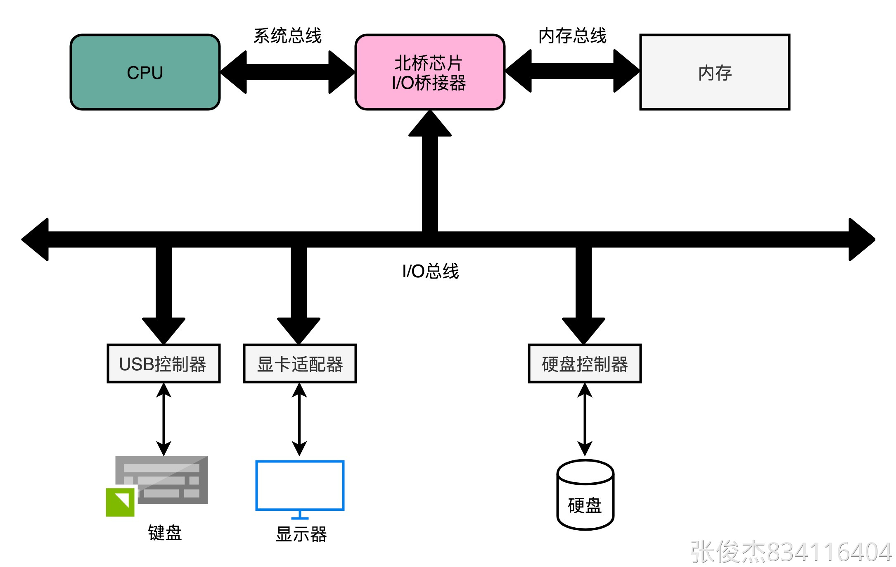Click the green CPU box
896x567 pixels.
pos(145,72)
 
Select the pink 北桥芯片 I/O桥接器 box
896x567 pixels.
pos(430,72)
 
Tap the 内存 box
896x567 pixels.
pos(715,72)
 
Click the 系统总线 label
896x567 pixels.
pos(287,36)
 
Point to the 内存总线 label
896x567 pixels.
pos(572,36)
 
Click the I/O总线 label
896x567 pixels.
pos(430,271)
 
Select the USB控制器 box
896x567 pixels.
pos(164,364)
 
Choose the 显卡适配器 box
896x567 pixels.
pos(300,364)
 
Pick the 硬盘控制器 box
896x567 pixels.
pos(585,364)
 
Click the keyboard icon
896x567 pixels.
pos(157,486)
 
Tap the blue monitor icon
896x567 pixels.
pos(300,490)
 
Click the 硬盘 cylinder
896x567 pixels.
pos(585,495)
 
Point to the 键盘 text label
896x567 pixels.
pos(165,533)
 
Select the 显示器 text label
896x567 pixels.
pos(301,534)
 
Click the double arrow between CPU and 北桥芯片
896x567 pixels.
pos(288,72)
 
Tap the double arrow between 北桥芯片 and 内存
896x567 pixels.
pos(572,71)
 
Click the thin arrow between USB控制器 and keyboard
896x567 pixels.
pos(164,419)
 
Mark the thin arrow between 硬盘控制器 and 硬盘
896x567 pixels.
pos(585,419)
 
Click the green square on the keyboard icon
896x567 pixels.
pos(120,502)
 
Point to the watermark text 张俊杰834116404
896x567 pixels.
pos(791,551)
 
